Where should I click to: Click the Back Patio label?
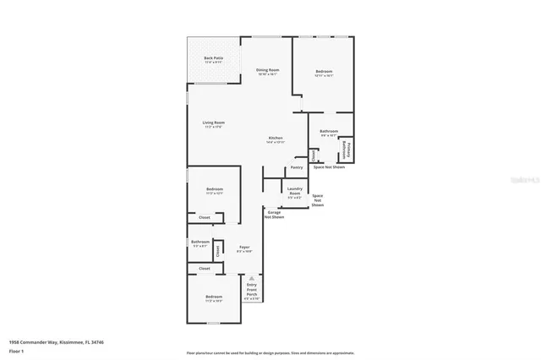[x=212, y=58]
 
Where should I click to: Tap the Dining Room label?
[x=268, y=70]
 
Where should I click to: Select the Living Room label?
[x=213, y=123]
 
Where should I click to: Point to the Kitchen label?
[x=276, y=139]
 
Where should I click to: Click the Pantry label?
[x=297, y=167]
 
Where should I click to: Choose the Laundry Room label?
[x=295, y=191]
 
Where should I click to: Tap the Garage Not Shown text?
[x=276, y=215]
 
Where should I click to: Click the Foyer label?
[x=244, y=248]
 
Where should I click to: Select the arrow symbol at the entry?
[x=251, y=278]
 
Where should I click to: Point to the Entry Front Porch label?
[x=251, y=291]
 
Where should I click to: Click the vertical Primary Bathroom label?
[x=346, y=150]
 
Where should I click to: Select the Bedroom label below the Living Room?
[x=214, y=189]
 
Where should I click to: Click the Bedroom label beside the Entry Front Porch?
[x=213, y=297]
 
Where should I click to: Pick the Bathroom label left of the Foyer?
[x=199, y=243]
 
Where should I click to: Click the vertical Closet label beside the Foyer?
[x=217, y=249]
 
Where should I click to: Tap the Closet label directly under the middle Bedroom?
[x=204, y=218]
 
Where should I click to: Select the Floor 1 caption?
[x=16, y=351]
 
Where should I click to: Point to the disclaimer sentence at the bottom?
[x=270, y=352]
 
